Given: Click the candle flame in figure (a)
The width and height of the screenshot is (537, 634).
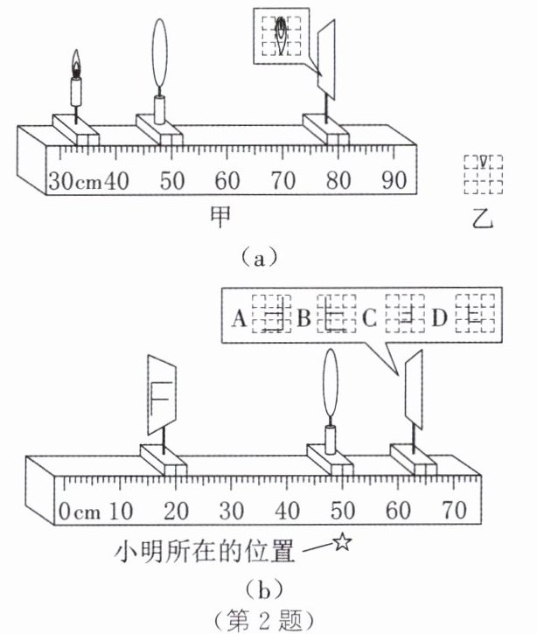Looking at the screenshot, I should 76,63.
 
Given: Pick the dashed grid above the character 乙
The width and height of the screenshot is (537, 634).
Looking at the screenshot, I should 483,173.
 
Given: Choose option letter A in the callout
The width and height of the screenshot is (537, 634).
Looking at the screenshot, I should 237,319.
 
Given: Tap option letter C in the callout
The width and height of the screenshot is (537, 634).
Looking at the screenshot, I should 369,319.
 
